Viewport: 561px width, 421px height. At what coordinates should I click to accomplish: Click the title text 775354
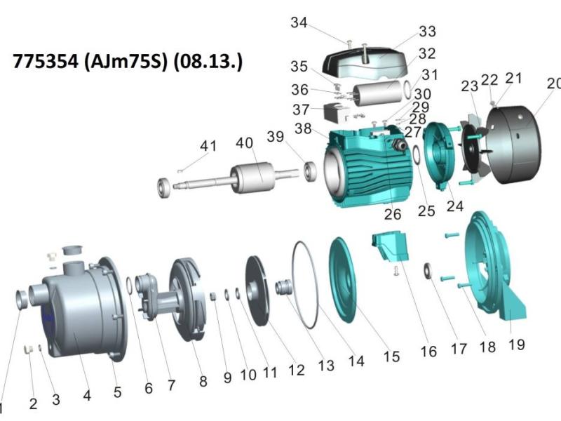(45, 61)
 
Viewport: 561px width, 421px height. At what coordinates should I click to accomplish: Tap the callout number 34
(299, 22)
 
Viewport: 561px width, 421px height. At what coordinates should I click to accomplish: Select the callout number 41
(208, 146)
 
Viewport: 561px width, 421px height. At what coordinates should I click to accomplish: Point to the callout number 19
(517, 345)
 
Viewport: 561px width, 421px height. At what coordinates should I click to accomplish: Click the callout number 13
(326, 366)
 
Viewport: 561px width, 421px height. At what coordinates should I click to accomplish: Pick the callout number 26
(393, 215)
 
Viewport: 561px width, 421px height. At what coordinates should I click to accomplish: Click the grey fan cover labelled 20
(513, 145)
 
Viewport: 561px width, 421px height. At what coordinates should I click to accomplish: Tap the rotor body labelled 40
(253, 178)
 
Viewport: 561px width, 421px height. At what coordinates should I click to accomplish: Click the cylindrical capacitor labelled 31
(377, 93)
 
